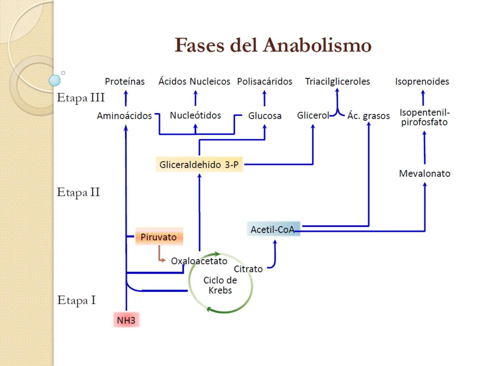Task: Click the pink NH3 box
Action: (x=126, y=320)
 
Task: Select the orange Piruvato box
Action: (x=159, y=237)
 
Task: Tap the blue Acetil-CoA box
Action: (x=273, y=229)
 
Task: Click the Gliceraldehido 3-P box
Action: (x=199, y=165)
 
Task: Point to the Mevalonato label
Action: (x=425, y=174)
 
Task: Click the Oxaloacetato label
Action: (x=199, y=261)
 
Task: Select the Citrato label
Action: (x=248, y=269)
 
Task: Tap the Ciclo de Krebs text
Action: (x=220, y=285)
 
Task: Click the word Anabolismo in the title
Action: (x=318, y=45)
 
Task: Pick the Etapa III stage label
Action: (x=81, y=98)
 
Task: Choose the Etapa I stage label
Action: (x=76, y=300)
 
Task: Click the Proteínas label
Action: (x=125, y=82)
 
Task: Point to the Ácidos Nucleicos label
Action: (x=194, y=81)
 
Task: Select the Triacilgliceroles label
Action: (x=337, y=82)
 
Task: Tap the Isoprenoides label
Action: (x=422, y=82)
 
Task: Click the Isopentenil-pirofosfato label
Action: (x=424, y=117)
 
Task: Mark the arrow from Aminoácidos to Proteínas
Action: (x=126, y=98)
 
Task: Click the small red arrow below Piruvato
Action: (x=160, y=255)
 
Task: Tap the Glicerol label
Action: (x=313, y=116)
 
